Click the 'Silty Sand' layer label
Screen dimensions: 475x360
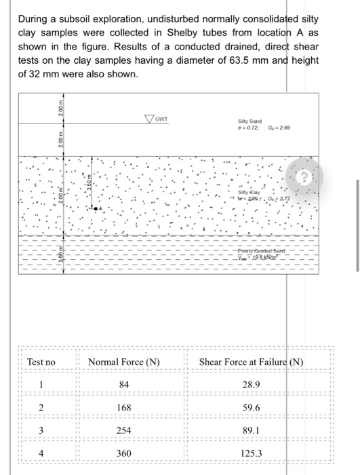pyautogui.click(x=250, y=121)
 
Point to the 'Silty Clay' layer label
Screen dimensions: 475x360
pyautogui.click(x=249, y=174)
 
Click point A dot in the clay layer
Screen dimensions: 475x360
pyautogui.click(x=96, y=189)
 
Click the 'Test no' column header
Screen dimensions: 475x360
pyautogui.click(x=41, y=362)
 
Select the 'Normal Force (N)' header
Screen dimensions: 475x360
pyautogui.click(x=124, y=362)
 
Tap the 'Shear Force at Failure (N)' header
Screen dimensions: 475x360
pyautogui.click(x=252, y=362)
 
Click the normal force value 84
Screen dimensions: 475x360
pyautogui.click(x=124, y=385)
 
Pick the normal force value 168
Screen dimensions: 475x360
pyautogui.click(x=124, y=407)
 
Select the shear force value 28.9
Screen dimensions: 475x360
pyautogui.click(x=252, y=385)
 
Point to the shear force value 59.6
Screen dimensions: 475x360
pyautogui.click(x=252, y=407)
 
